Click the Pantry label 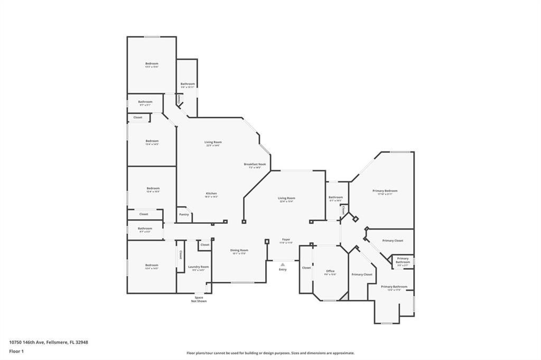184,214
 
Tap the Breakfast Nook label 255,164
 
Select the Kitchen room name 211,194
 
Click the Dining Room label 239,250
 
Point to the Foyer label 286,240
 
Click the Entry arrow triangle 283,264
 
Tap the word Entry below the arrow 283,270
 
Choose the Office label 330,271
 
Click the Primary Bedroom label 385,191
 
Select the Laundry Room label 199,267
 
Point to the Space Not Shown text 199,299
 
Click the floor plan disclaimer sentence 270,353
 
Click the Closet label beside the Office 306,268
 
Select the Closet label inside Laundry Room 181,255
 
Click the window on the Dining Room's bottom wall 242,282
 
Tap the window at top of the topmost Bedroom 153,36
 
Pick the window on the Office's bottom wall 330,301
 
